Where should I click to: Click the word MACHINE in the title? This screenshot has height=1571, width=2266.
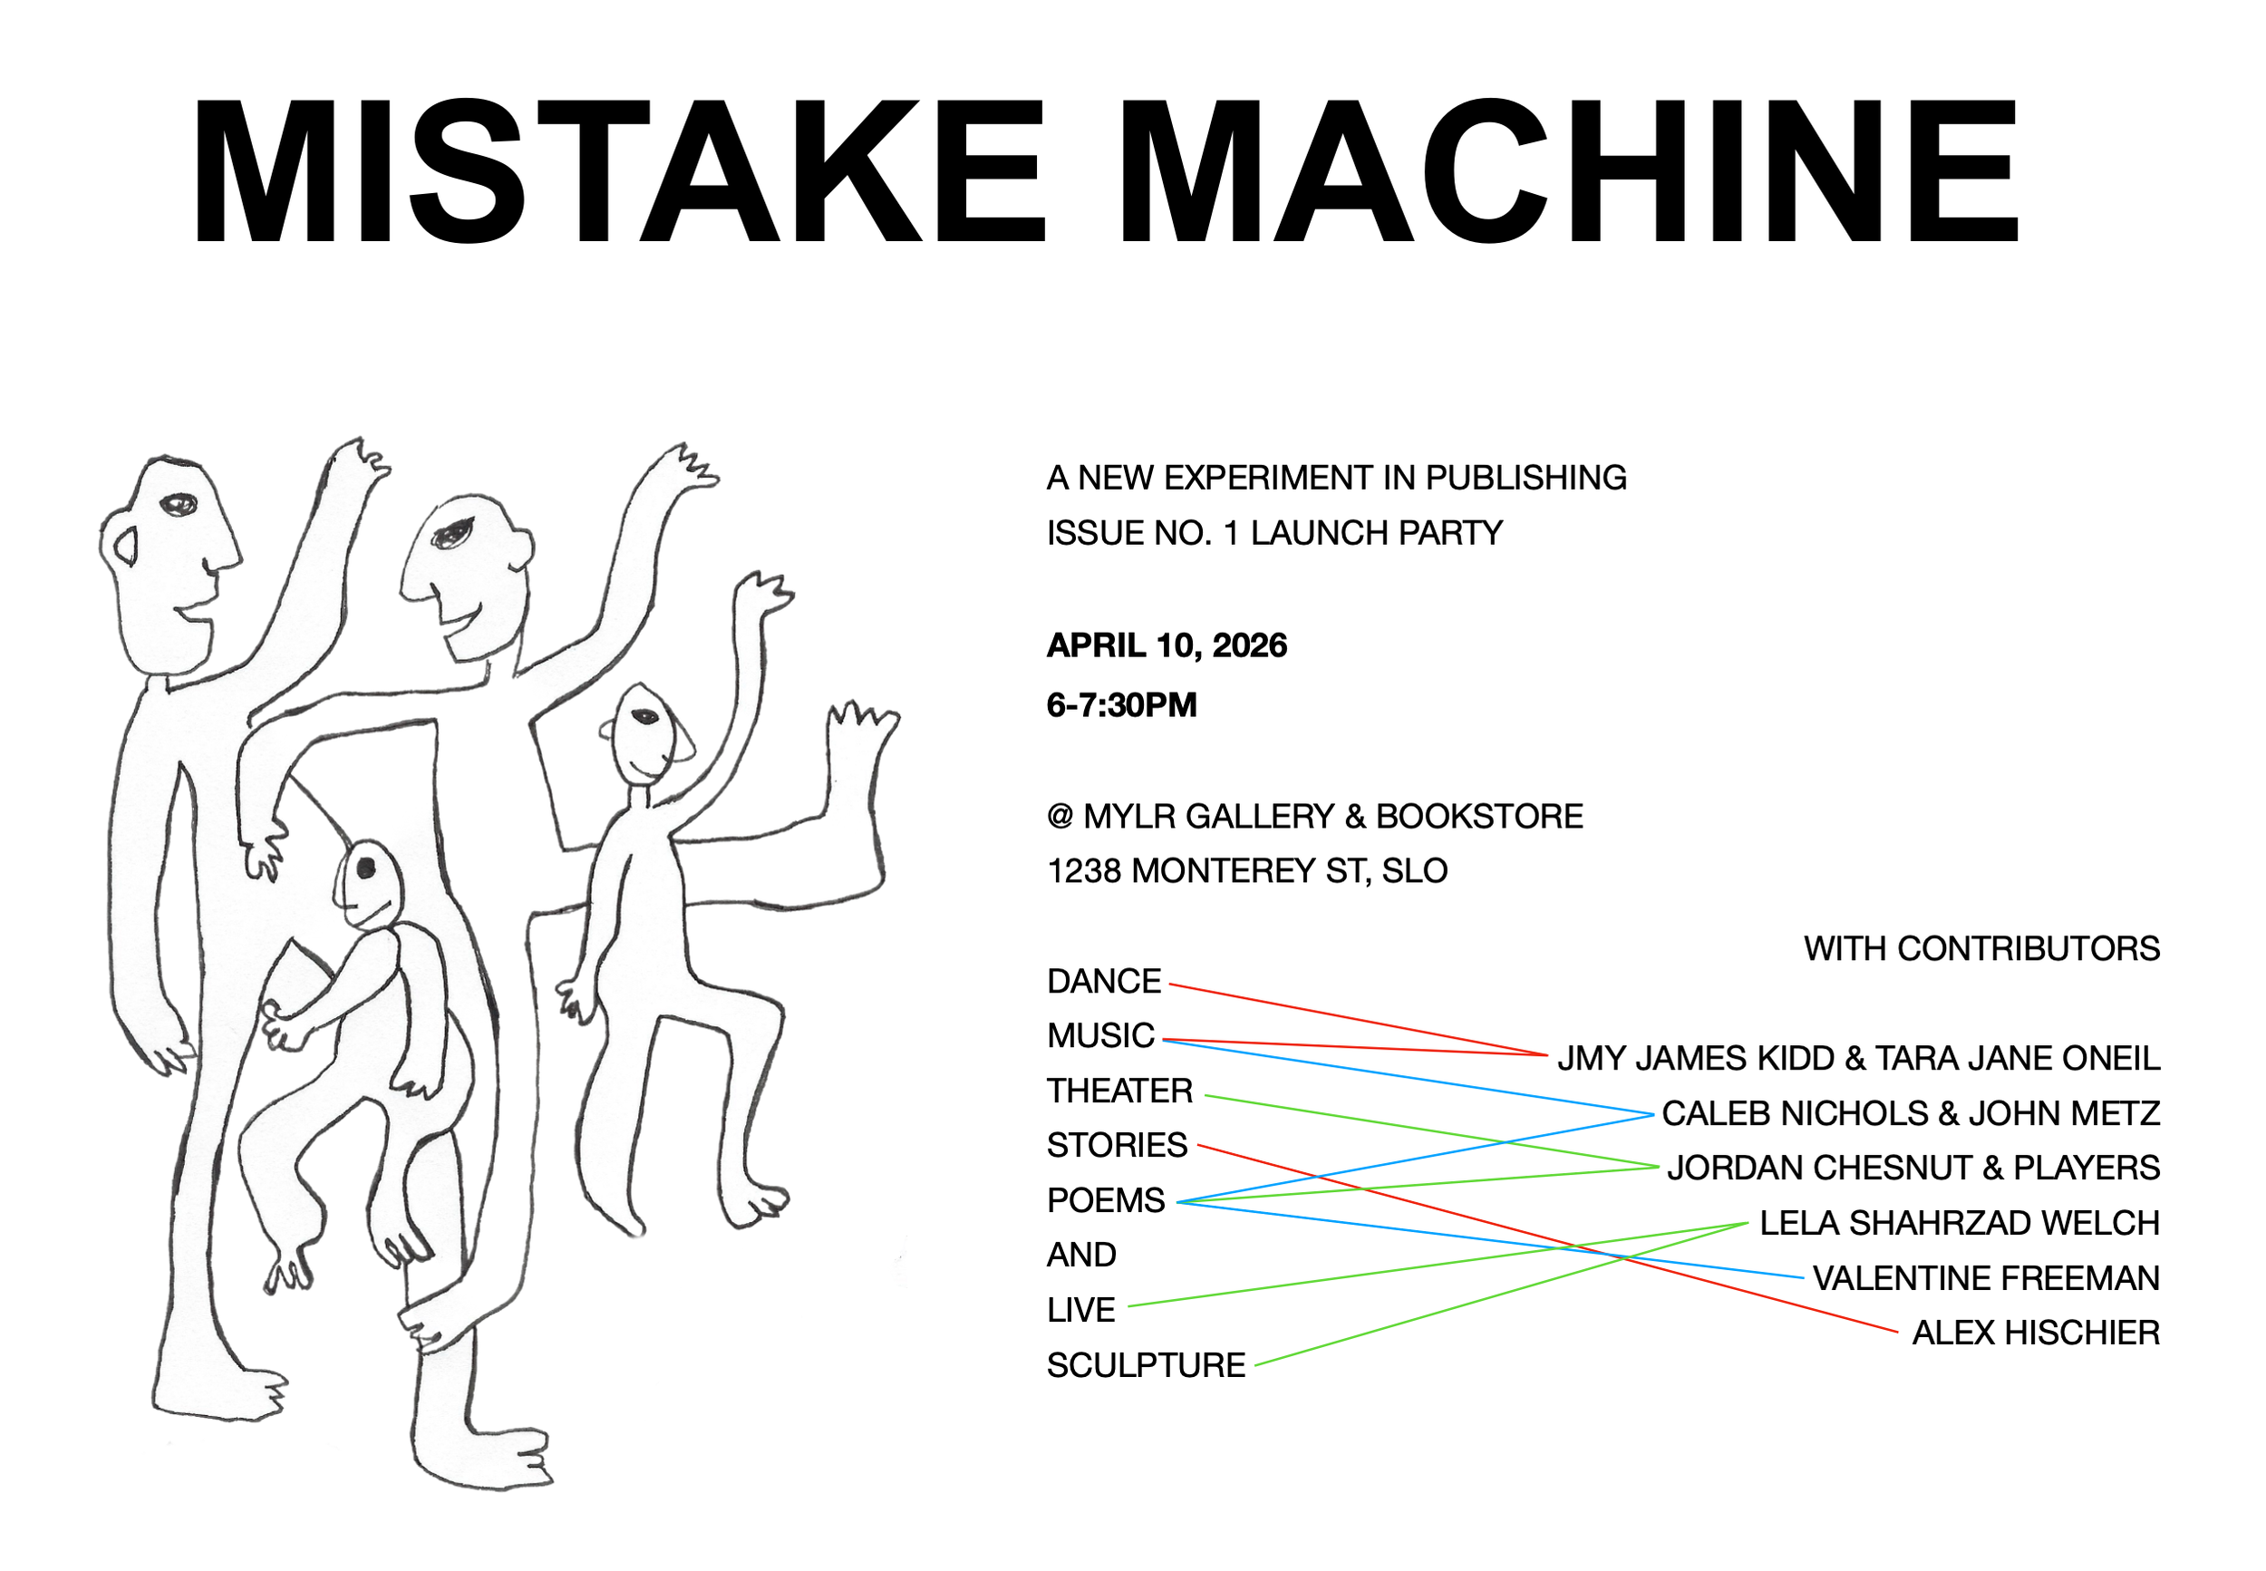click(x=1568, y=172)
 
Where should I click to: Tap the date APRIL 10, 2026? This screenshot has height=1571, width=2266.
click(x=1166, y=645)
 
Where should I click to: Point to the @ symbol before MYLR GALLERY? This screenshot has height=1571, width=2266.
click(x=1060, y=816)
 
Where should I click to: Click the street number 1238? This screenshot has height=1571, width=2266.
click(x=1083, y=871)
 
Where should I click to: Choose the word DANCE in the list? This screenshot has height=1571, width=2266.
click(x=1103, y=982)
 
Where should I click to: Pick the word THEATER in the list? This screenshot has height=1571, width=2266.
click(x=1118, y=1091)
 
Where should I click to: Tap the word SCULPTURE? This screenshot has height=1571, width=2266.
click(x=1146, y=1365)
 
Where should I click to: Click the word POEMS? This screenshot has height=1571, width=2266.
click(x=1105, y=1201)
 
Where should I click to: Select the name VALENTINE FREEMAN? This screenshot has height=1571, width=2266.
click(x=1986, y=1279)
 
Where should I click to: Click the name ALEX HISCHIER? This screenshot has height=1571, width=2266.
click(x=2035, y=1333)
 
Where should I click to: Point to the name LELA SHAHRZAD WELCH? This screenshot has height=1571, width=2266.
click(x=1959, y=1224)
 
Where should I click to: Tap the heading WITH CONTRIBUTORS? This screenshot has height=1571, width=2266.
click(x=1980, y=949)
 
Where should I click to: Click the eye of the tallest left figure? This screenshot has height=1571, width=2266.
click(x=178, y=506)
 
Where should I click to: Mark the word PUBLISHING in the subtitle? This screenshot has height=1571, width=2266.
click(x=1525, y=479)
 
